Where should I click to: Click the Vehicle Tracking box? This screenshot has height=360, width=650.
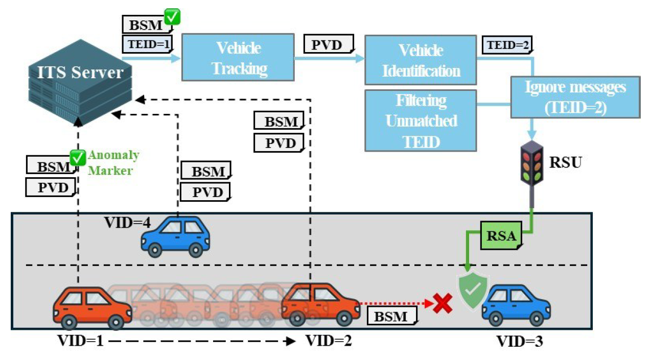[x=238, y=57]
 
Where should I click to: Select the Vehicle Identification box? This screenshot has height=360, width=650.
[x=420, y=59]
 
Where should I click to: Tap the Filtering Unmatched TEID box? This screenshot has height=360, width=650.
[x=420, y=120]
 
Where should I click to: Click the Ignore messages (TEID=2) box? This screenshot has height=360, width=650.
[x=575, y=98]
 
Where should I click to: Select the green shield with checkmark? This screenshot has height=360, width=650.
[x=473, y=290]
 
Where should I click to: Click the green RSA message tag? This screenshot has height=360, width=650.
[x=500, y=235]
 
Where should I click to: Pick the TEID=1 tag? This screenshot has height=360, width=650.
[x=147, y=44]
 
